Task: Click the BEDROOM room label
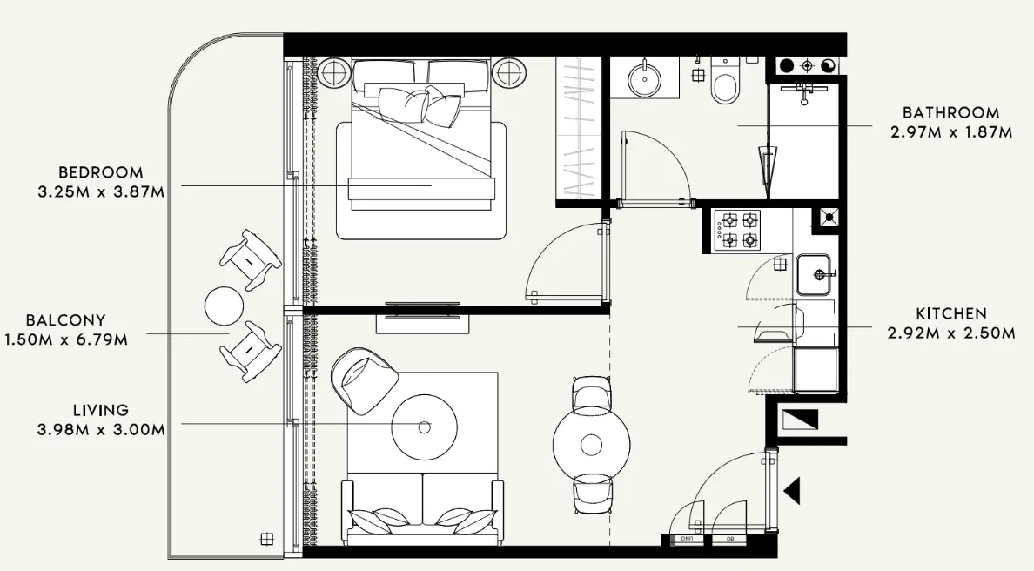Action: pyautogui.click(x=100, y=172)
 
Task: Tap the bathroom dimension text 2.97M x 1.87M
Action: pyautogui.click(x=950, y=133)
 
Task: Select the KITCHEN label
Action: pyautogui.click(x=950, y=313)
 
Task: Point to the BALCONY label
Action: pyautogui.click(x=65, y=320)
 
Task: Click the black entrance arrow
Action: pyautogui.click(x=792, y=491)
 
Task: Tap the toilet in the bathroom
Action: pyautogui.click(x=724, y=81)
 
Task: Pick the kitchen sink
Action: pyautogui.click(x=816, y=274)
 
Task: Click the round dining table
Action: pyautogui.click(x=592, y=444)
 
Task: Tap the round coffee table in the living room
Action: pyautogui.click(x=425, y=427)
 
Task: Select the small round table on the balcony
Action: pyautogui.click(x=225, y=306)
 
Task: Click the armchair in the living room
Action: pyautogui.click(x=363, y=378)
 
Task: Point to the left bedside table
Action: pyautogui.click(x=333, y=71)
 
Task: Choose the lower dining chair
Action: pyautogui.click(x=591, y=498)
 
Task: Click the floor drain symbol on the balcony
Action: pyautogui.click(x=267, y=538)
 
